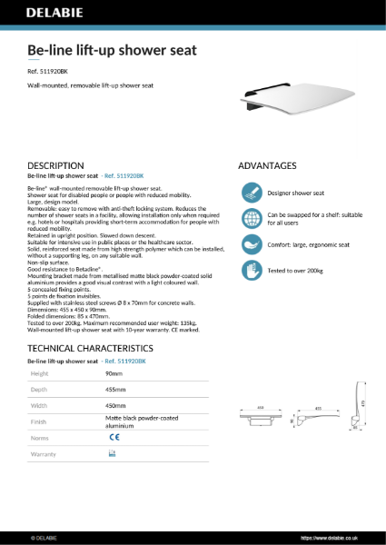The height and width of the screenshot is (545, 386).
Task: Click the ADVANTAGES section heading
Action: point(267,165)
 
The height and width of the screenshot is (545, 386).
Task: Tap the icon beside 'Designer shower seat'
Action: point(250,193)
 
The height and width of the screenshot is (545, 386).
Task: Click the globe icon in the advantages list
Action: point(250,219)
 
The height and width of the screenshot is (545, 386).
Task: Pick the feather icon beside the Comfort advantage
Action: point(250,245)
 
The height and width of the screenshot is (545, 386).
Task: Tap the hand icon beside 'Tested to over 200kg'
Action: point(250,271)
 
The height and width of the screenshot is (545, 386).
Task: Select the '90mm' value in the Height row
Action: point(114,373)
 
